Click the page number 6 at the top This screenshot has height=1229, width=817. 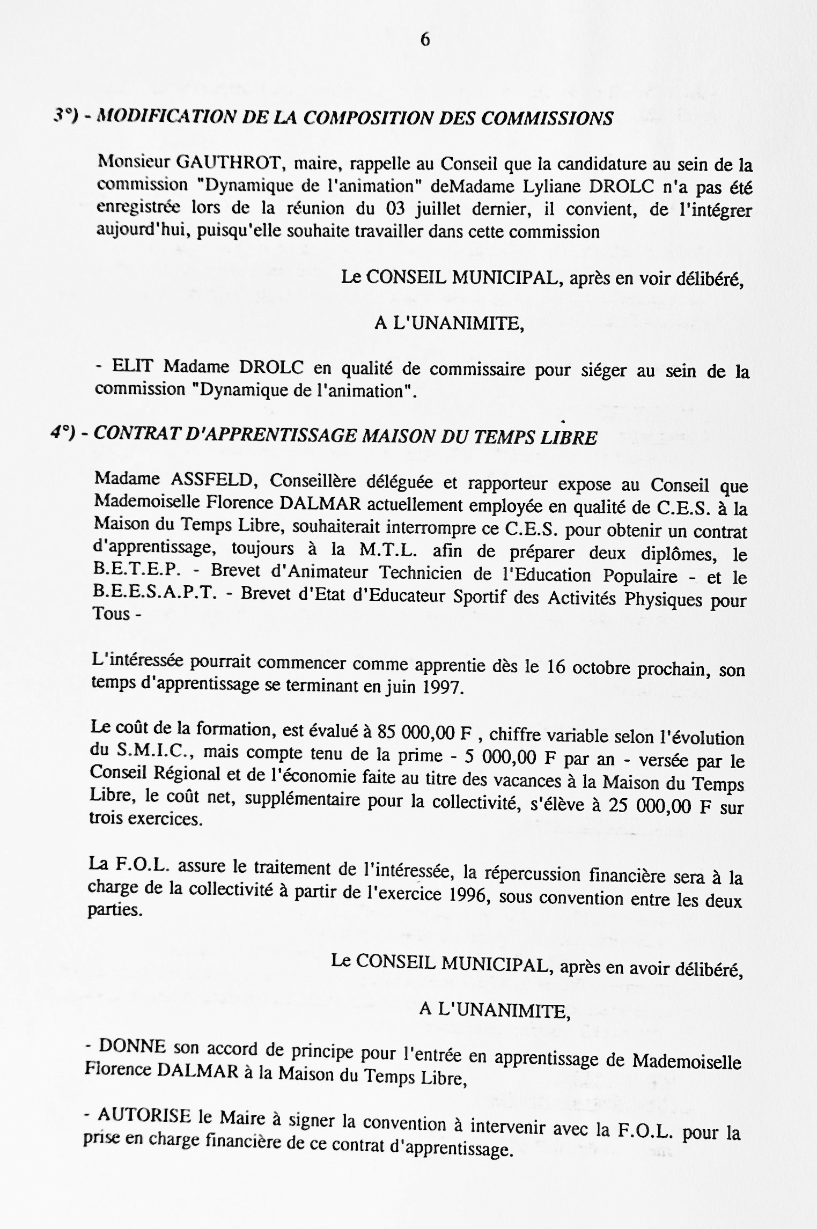coord(425,40)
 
